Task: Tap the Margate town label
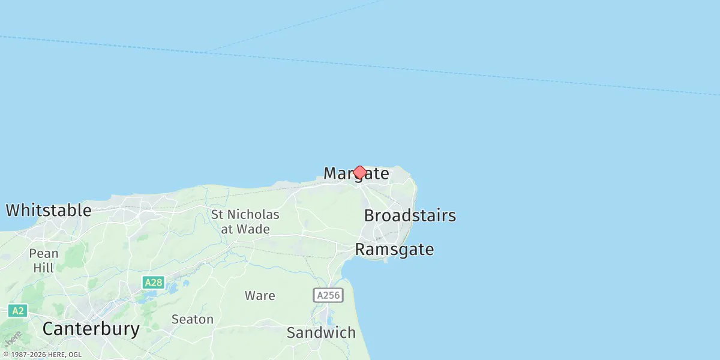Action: click(x=356, y=174)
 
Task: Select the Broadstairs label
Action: click(x=410, y=215)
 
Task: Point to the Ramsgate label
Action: click(x=394, y=250)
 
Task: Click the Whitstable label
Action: click(x=49, y=211)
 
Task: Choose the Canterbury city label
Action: click(x=91, y=329)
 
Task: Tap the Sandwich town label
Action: click(x=321, y=332)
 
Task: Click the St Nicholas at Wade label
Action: click(x=245, y=221)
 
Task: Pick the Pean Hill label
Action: click(x=44, y=260)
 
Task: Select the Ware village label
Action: click(x=260, y=295)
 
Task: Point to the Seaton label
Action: click(x=192, y=319)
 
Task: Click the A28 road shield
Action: click(x=154, y=282)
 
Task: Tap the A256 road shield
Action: click(x=328, y=295)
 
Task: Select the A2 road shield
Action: click(x=18, y=310)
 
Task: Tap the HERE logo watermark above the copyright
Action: click(x=13, y=338)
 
